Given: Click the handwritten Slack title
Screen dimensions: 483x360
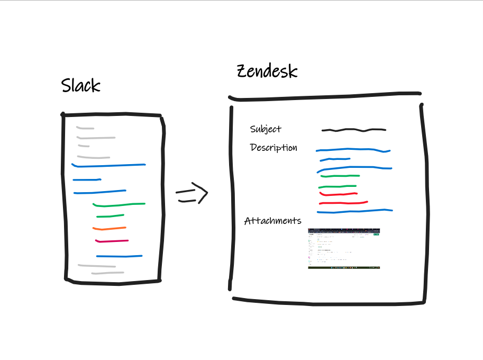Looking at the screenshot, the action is (x=80, y=85).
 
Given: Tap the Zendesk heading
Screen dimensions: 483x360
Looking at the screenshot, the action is (x=267, y=72).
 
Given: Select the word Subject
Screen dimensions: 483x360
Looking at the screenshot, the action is (x=266, y=129).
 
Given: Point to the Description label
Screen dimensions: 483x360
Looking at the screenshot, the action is (x=274, y=148).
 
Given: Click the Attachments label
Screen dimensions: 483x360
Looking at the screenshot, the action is (x=272, y=221).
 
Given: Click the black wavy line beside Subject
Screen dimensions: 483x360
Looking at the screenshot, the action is (x=353, y=130).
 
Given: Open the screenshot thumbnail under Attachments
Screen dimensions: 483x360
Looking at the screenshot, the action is (x=344, y=248).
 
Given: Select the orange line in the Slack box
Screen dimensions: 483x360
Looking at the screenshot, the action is (x=109, y=229).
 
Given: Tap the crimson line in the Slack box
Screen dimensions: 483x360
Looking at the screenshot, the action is (x=112, y=241).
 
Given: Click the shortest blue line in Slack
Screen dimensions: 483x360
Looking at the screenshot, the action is (x=83, y=180).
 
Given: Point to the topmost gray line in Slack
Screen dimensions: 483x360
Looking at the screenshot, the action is (x=85, y=128).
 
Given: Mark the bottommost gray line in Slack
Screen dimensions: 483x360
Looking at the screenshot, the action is (x=107, y=273).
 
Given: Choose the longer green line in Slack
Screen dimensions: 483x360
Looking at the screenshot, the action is (x=119, y=204).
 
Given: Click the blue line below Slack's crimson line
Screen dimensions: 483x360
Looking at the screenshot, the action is (x=119, y=256).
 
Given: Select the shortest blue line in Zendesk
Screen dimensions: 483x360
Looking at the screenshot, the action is (x=334, y=159).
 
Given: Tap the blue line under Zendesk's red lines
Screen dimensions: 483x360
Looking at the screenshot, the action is (x=354, y=211).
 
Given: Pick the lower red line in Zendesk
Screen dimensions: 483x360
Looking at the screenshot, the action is (x=343, y=203).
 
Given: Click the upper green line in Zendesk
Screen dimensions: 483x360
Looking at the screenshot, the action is (x=340, y=176).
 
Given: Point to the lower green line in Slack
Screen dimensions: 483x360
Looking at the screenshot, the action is (x=110, y=215).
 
